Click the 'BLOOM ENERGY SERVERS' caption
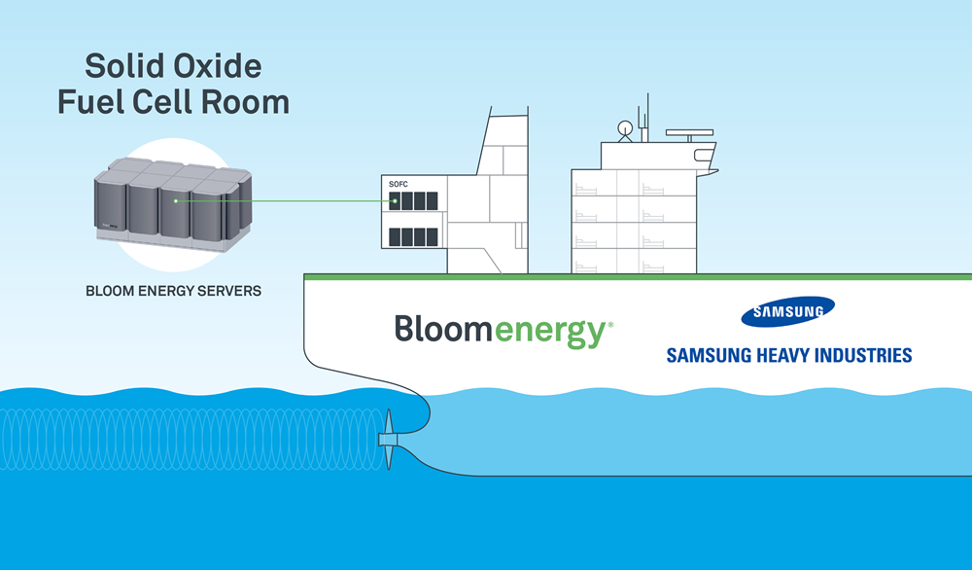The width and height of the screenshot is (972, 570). point(173,290)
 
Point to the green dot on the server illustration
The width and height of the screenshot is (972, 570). point(176,201)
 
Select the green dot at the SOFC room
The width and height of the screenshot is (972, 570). point(394,202)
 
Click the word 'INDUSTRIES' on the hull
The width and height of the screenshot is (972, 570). point(860,355)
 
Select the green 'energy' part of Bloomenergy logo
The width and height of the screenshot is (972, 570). point(551,331)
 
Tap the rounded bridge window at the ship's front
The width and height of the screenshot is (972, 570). point(702,154)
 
